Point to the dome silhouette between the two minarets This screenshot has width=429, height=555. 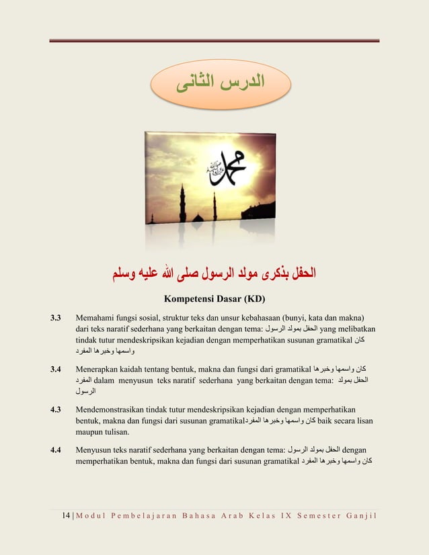pos(198,218)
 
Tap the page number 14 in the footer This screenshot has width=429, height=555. pos(66,515)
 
